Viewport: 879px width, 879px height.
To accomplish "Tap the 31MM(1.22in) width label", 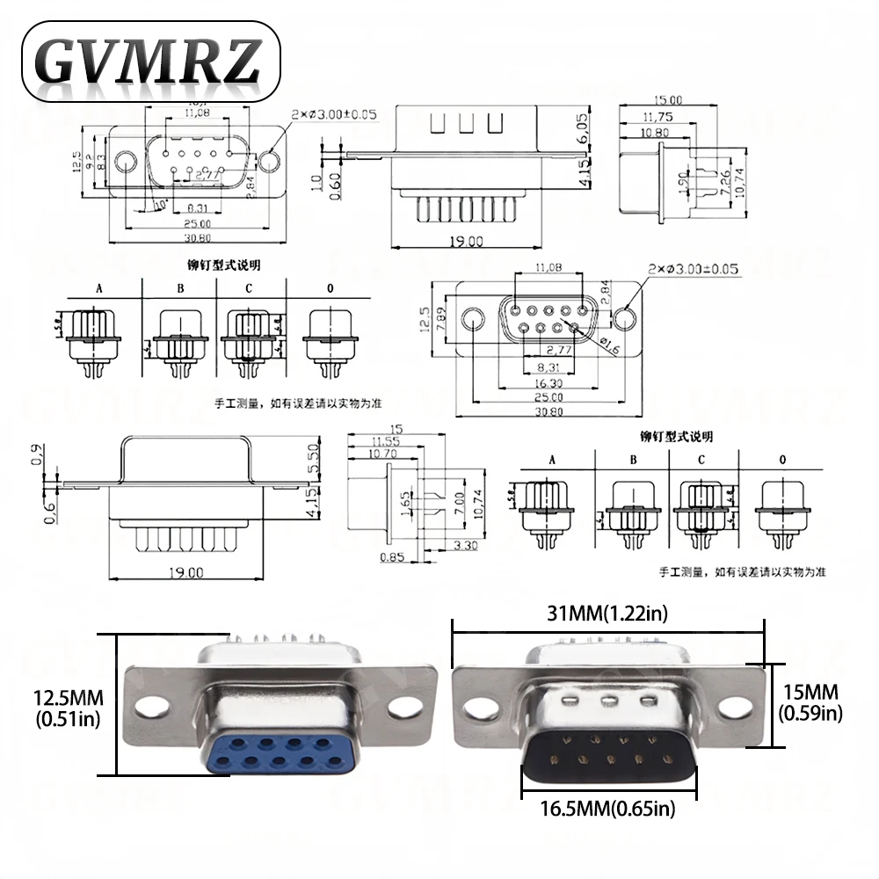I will pyautogui.click(x=607, y=614).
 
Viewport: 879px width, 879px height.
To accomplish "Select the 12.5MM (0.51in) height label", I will pyautogui.click(x=69, y=708).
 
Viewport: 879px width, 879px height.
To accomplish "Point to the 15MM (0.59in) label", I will pyautogui.click(x=811, y=702).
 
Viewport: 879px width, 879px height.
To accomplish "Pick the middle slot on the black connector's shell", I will pyautogui.click(x=607, y=701).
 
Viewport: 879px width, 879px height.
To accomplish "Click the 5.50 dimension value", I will pyautogui.click(x=313, y=457).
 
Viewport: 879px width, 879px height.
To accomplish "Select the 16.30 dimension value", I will pyautogui.click(x=549, y=382).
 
